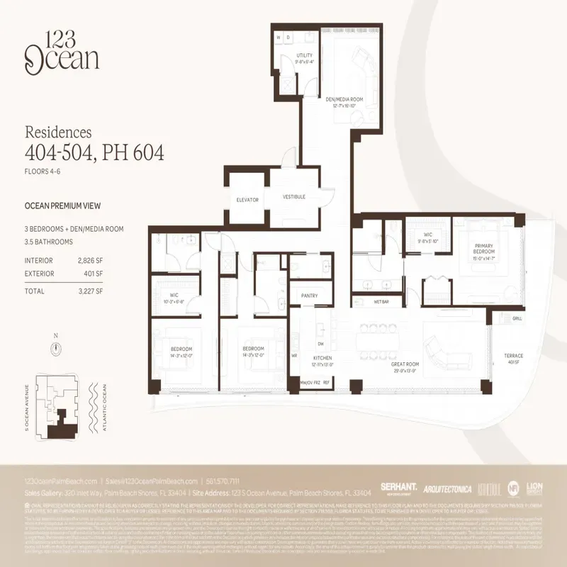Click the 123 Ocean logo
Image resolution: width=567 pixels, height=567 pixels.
tap(62, 51)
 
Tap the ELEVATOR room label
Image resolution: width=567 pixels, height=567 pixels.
tap(247, 200)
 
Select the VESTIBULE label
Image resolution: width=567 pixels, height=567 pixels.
tap(293, 196)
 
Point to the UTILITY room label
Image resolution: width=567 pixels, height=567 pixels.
tap(304, 57)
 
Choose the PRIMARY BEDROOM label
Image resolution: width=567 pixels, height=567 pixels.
tap(483, 250)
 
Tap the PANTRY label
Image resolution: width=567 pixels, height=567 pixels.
tap(309, 296)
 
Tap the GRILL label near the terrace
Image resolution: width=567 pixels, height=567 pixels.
tap(517, 319)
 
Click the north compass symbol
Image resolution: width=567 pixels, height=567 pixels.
tap(55, 348)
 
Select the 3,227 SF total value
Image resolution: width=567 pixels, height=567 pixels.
tap(89, 291)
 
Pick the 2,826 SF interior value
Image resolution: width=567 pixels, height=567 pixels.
tap(89, 261)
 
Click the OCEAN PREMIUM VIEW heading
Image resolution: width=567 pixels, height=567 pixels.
tap(62, 206)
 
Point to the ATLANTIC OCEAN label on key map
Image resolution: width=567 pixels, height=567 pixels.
tap(103, 409)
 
